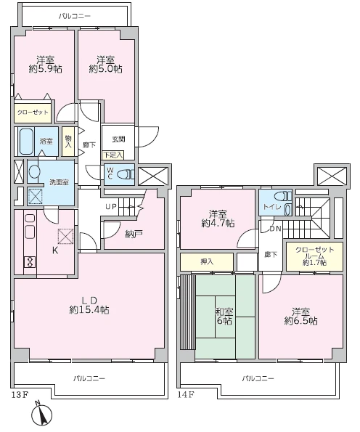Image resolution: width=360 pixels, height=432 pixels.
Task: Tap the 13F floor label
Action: click(20, 395)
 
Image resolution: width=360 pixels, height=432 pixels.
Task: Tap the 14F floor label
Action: click(186, 395)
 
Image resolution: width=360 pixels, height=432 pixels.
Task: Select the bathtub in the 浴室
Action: click(26, 142)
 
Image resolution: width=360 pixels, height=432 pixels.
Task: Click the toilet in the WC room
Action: click(126, 174)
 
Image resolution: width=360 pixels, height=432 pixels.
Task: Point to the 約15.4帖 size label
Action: click(89, 310)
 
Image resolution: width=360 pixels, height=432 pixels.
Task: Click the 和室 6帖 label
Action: click(224, 316)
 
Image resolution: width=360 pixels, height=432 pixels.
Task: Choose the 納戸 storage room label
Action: click(134, 235)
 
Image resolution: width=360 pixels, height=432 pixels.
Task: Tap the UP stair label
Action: click(111, 206)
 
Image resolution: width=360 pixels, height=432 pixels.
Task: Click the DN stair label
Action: click(275, 229)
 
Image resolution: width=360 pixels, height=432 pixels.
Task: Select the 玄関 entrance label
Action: click(118, 139)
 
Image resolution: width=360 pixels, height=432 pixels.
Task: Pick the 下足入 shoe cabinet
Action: click(113, 155)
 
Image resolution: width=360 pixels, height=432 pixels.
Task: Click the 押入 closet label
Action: click(207, 261)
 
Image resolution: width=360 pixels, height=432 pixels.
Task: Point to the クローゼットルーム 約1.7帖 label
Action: click(314, 256)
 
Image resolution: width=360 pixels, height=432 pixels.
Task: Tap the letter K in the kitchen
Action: click(55, 250)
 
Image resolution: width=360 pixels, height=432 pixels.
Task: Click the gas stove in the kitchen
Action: click(30, 262)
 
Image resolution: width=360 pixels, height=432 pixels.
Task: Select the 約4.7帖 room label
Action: click(218, 223)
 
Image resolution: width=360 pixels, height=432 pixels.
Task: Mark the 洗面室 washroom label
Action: click(59, 182)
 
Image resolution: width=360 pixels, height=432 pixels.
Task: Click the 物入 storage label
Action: click(68, 141)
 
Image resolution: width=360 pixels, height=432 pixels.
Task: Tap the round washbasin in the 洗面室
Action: click(34, 171)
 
